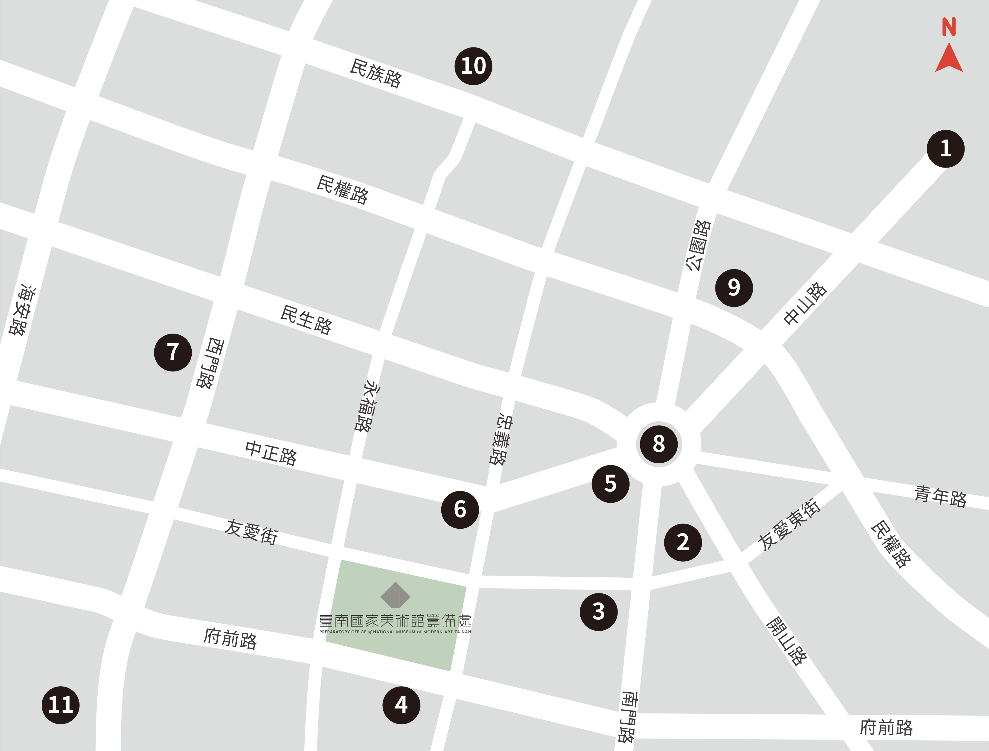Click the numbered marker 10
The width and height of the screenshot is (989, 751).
coord(473,66)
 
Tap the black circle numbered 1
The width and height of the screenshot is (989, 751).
coord(945,149)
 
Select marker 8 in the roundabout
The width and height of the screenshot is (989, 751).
coord(659,444)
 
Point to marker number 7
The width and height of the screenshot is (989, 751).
coord(173,352)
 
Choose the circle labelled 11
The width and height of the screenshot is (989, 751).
coord(61,705)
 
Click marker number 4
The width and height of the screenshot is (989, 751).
coord(401,705)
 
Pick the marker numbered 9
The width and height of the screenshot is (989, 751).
coord(734,288)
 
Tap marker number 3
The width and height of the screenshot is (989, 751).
coord(598,612)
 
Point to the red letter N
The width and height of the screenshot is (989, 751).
coord(949,27)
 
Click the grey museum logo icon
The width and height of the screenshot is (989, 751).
coord(395,595)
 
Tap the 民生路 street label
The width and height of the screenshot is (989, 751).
coord(306,320)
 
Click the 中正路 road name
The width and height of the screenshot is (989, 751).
coord(271,453)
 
